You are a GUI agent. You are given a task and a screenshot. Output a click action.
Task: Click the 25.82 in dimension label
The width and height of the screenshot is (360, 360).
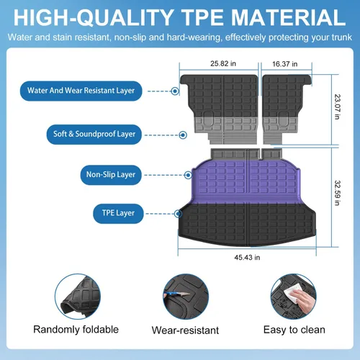point(223,63)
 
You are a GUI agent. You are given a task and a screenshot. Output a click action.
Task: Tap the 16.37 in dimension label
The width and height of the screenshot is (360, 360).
point(285,64)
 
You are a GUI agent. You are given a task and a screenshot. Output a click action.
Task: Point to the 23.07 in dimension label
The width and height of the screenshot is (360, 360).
point(338,107)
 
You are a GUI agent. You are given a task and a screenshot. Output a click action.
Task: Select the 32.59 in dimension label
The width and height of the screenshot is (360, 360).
point(338,193)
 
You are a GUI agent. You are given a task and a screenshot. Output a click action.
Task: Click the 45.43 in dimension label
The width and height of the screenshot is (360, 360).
point(247,258)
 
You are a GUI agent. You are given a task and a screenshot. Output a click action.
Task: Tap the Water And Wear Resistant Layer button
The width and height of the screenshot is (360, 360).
point(81,91)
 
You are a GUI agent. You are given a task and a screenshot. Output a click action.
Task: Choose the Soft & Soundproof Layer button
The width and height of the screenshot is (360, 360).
point(94,135)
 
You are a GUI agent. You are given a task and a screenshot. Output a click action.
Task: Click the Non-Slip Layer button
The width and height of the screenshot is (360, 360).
point(111,175)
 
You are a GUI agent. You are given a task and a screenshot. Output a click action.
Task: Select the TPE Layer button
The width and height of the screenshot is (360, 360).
point(118,214)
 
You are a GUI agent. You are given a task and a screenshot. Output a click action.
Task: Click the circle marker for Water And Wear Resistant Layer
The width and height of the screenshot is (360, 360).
point(175,91)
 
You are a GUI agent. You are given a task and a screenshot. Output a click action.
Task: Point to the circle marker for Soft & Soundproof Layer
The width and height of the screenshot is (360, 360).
point(183,135)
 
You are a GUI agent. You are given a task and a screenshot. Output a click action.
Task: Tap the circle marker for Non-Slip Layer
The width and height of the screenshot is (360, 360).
point(188,175)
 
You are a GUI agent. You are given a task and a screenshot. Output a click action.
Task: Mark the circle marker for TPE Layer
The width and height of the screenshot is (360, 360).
point(178,214)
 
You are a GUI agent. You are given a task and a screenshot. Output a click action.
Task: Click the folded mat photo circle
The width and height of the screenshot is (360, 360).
point(78,297)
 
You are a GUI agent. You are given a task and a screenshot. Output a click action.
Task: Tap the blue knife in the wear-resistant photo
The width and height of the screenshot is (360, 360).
point(176,294)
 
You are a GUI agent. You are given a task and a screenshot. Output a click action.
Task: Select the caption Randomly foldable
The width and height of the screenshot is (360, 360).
point(76,330)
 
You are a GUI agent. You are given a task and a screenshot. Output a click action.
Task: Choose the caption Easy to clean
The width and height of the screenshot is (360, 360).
point(294,330)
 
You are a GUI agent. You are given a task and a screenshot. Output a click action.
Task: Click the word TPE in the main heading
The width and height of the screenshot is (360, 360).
point(203,17)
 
